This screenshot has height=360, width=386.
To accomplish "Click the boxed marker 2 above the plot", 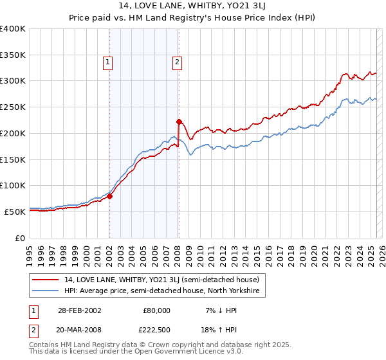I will click(x=176, y=62).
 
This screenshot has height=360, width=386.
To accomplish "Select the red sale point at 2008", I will click(x=179, y=121).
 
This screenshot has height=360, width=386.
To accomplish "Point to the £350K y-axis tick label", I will click(x=13, y=55).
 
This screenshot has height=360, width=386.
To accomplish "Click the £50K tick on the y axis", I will click(x=15, y=212).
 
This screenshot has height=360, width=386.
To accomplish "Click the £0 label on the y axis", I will click(x=21, y=238).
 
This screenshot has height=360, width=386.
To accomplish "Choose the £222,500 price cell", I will click(x=157, y=331).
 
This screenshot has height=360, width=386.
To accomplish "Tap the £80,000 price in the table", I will click(x=157, y=310).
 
